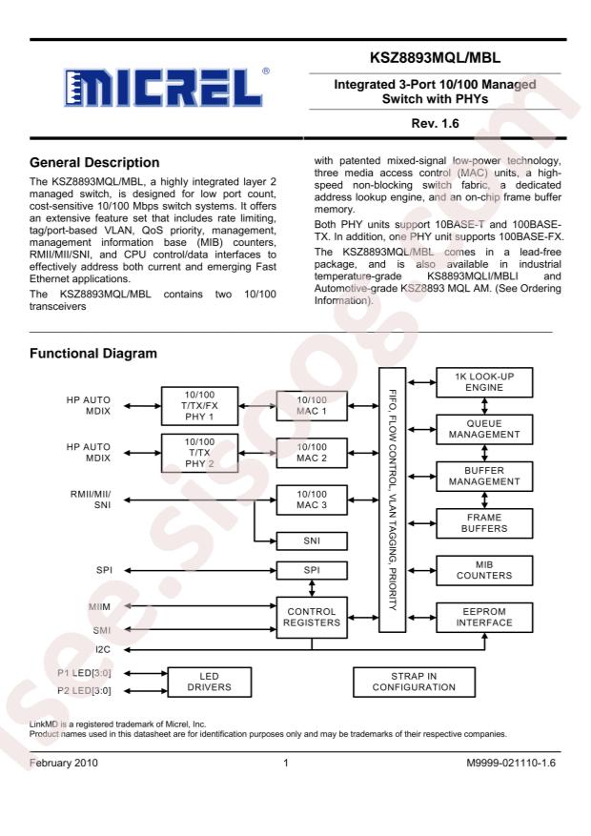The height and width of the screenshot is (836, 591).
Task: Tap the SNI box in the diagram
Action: [x=313, y=541]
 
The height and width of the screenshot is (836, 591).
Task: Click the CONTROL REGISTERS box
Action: [x=313, y=618]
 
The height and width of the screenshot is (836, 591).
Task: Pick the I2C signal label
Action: [x=103, y=650]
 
